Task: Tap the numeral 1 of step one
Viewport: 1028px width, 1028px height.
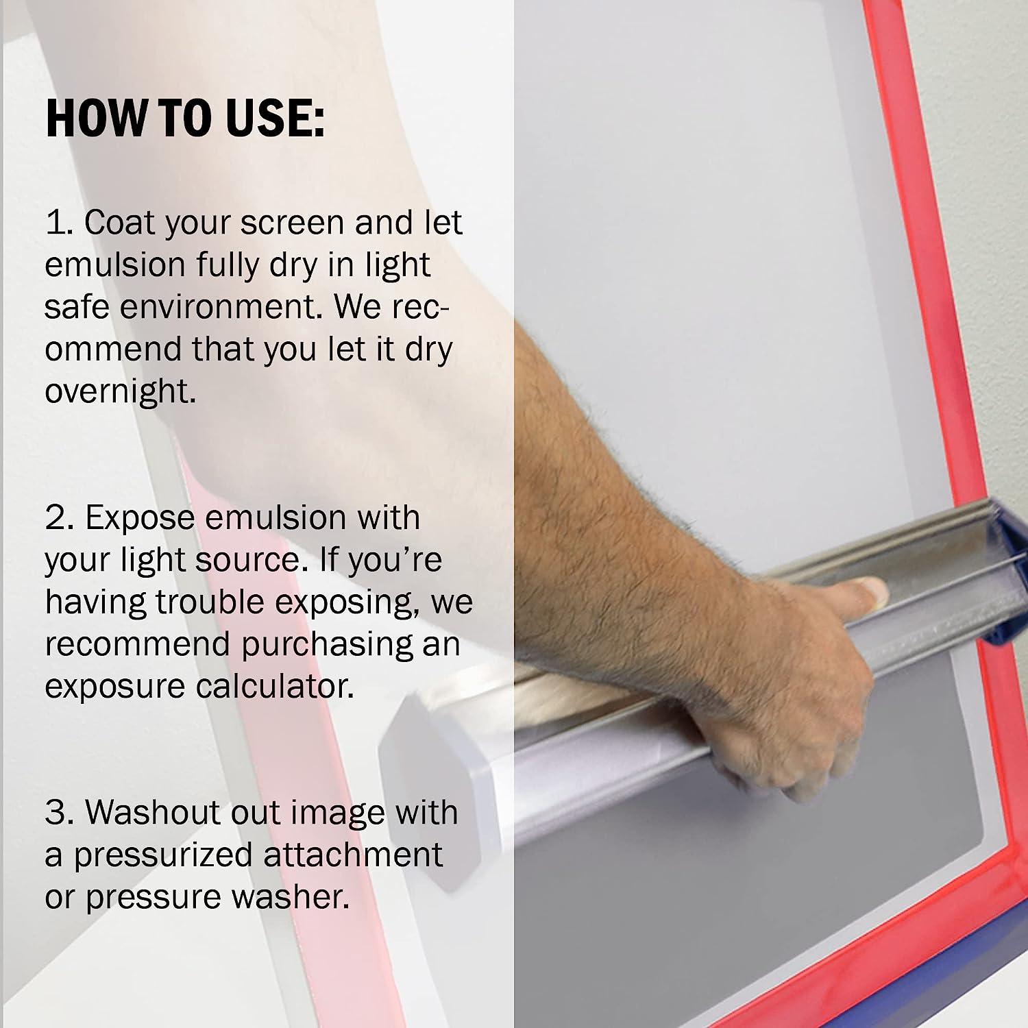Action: click(x=58, y=223)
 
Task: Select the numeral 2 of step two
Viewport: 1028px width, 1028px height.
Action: click(x=58, y=518)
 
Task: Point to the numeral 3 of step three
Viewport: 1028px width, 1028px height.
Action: click(x=58, y=813)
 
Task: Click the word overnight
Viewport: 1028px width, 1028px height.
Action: click(x=121, y=392)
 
